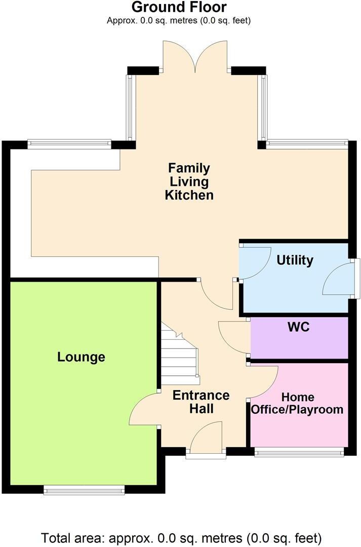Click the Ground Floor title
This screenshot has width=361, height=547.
pos(179,7)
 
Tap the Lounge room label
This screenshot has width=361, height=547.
pos(81,357)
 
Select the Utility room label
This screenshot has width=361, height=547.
pos(295,260)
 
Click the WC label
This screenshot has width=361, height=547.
pos(298,327)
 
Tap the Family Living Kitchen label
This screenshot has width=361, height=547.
pos(189,181)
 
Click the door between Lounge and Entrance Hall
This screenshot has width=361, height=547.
pos(144,410)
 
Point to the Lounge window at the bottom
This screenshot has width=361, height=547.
pos(84,489)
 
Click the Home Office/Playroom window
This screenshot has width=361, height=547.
pos(299,452)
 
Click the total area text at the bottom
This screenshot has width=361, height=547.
pos(181,537)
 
